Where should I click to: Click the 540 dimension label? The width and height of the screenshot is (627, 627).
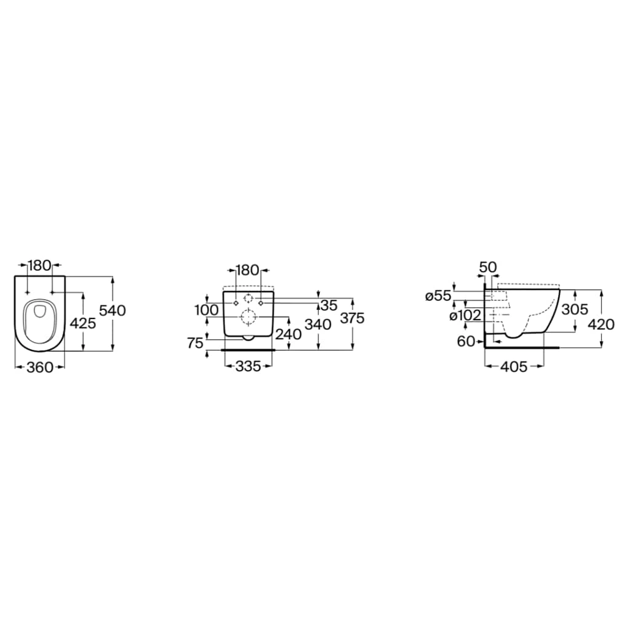[112, 310]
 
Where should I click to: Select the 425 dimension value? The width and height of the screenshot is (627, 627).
[83, 323]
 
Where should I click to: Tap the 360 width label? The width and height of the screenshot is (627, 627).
[40, 367]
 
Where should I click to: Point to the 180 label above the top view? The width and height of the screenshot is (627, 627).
[40, 265]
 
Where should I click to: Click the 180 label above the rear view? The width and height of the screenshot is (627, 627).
[248, 270]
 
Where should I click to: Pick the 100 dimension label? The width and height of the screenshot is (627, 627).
[206, 310]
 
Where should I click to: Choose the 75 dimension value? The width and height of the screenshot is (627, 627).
[196, 343]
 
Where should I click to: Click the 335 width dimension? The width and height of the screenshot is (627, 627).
[248, 366]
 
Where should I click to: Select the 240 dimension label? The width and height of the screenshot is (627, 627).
[288, 334]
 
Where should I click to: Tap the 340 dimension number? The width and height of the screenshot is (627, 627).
[319, 324]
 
